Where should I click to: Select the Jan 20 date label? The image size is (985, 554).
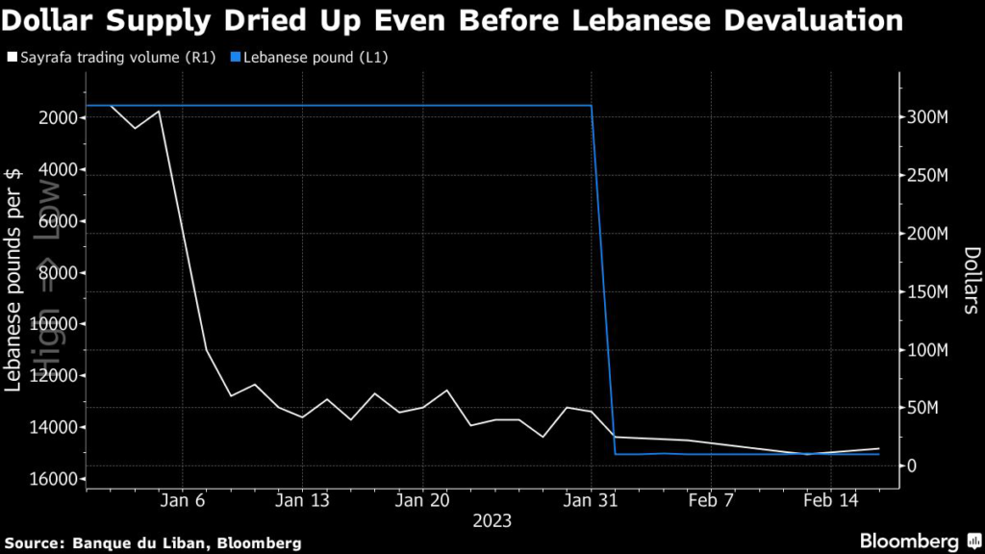pos(424,500)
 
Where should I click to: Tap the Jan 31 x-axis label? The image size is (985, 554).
pos(592,500)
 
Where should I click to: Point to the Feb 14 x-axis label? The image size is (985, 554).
pos(831,500)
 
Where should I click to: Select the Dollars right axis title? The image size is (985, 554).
pos(971,280)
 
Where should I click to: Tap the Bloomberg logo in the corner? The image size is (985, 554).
pos(908,541)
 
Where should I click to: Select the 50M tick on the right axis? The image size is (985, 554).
pos(922,409)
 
